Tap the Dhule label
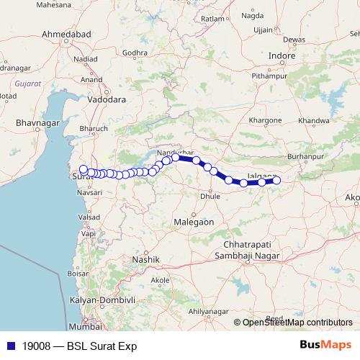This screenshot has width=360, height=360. coord(210,195)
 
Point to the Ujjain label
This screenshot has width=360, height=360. coord(264,30)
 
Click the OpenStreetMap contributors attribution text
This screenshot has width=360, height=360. coord(297,323)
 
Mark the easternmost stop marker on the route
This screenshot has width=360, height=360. coord(276,181)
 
